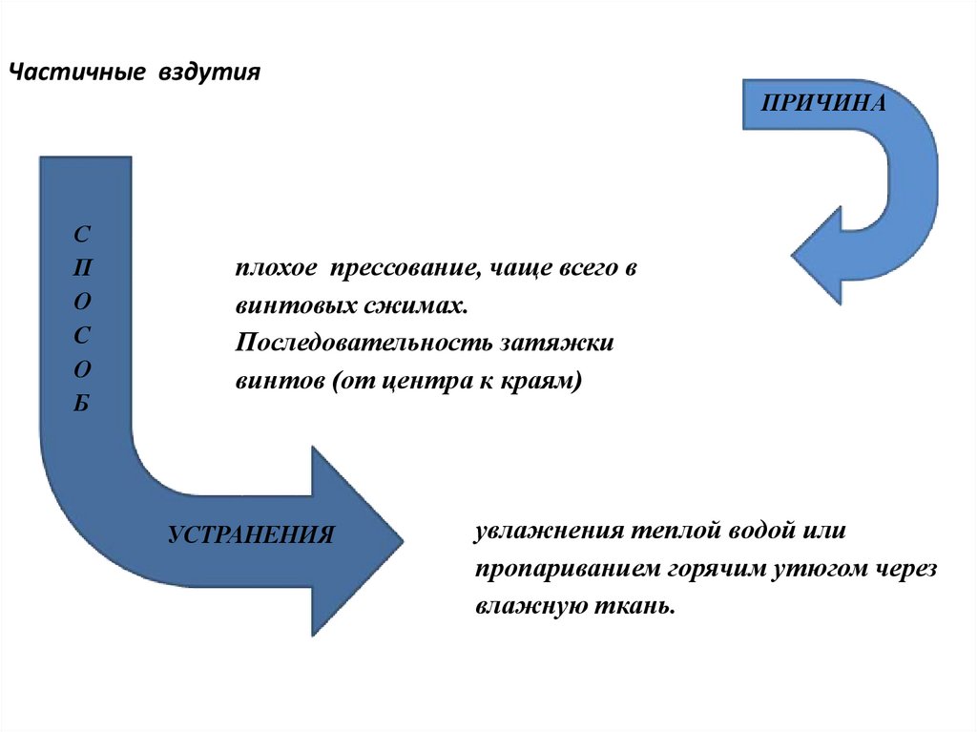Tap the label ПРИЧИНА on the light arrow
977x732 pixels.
[x=822, y=103]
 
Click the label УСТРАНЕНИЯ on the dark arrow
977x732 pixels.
[x=251, y=535]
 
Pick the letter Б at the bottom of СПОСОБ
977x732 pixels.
[x=83, y=403]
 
